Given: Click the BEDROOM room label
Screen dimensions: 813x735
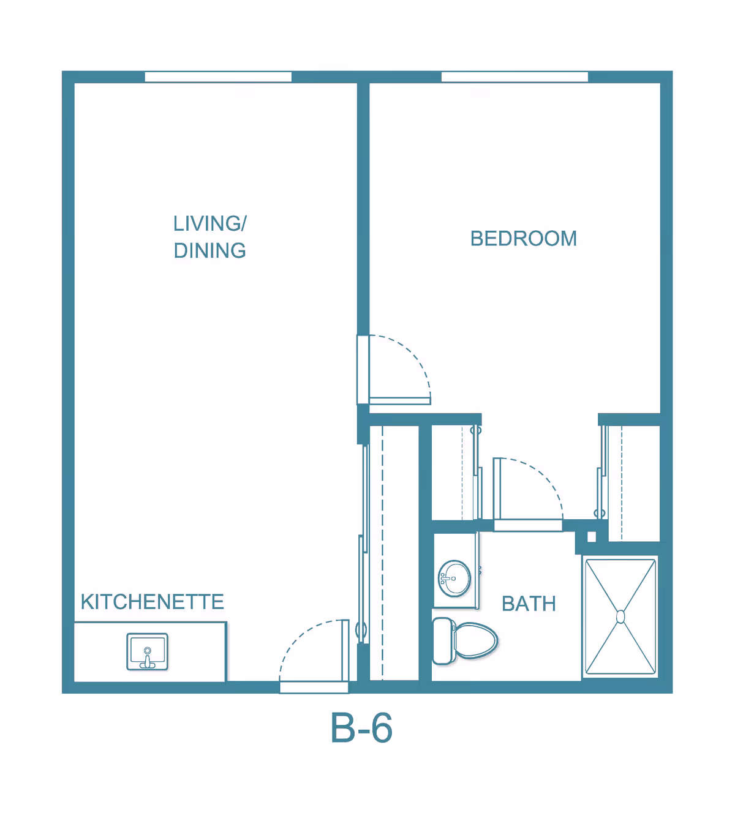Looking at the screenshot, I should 523,238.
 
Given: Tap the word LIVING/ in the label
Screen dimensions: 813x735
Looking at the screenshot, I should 209,223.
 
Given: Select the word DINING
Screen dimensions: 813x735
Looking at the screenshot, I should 209,250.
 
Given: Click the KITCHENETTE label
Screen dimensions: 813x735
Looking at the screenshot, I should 152,602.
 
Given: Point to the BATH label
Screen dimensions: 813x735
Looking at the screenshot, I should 529,604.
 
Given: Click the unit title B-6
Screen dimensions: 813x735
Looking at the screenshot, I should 361,728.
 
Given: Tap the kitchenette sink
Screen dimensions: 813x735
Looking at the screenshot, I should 147,652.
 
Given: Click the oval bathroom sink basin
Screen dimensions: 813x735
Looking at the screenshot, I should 454,578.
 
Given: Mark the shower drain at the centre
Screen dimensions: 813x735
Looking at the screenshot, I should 620,616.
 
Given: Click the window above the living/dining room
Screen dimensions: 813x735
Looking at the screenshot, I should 218,77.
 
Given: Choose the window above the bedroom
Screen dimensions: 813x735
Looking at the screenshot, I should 514,77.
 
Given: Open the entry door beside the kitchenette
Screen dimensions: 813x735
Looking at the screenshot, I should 314,687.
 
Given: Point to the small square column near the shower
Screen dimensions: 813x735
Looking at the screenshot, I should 592,537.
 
